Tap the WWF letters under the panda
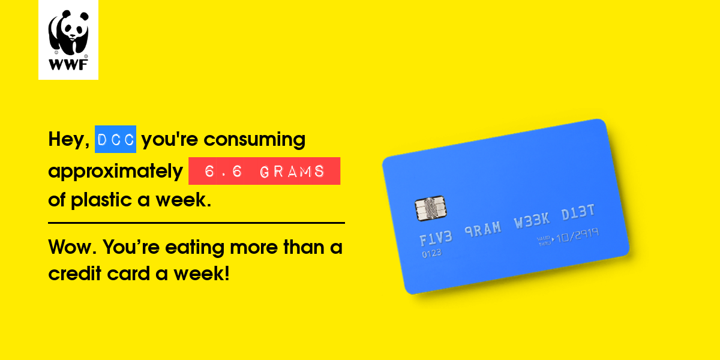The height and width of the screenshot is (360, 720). pos(68,65)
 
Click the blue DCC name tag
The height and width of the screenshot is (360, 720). pos(115,139)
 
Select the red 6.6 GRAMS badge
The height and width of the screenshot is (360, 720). pos(264,171)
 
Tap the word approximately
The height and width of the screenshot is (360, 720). pos(115,172)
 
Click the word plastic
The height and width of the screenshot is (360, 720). pos(101,200)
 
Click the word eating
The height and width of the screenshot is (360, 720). pos(195,248)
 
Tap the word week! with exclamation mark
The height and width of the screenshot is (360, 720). pos(202,274)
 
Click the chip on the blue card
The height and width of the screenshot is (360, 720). pos(431,208)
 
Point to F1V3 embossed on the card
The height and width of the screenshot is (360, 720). pos(436,238)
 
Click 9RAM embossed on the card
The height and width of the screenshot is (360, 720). pos(483,229)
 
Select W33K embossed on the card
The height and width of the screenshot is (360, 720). pos(532,220)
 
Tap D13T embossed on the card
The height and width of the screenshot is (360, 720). pos(578,212)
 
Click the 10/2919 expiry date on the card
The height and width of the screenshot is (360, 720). pos(578,236)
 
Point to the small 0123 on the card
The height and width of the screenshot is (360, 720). pos(431,254)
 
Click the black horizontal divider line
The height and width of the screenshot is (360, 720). pos(196,223)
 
